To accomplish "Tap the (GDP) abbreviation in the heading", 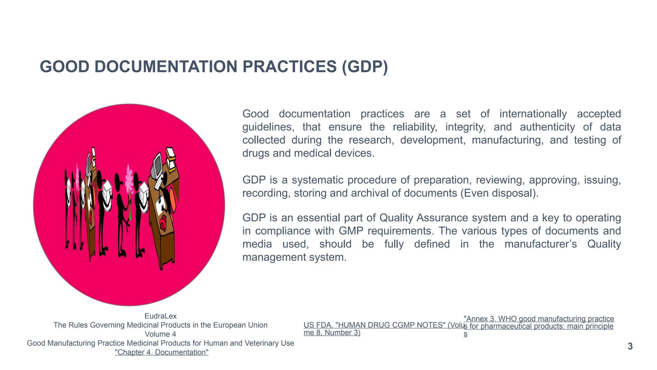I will (x=365, y=67).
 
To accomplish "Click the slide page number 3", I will (x=630, y=346).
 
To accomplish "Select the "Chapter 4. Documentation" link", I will (x=162, y=352).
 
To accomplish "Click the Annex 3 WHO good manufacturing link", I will (x=539, y=319).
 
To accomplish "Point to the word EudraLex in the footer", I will (x=160, y=316).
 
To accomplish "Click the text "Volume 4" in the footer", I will (x=160, y=334).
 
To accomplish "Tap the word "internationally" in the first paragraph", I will (x=533, y=114).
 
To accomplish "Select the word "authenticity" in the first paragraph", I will (x=547, y=127).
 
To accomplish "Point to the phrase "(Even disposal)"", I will (x=499, y=193).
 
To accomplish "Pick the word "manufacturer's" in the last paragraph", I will (x=540, y=244).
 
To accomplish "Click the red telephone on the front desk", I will (x=163, y=223).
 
